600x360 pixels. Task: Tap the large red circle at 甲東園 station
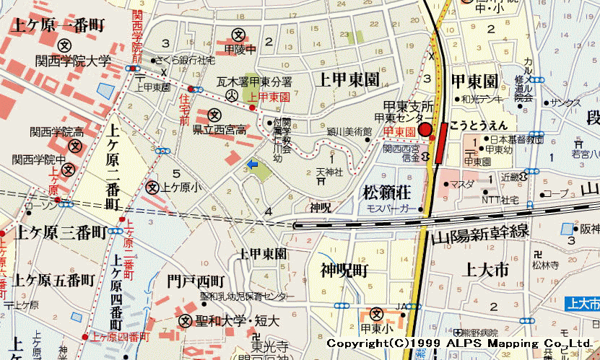point(425,131)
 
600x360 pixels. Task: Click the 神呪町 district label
point(344,270)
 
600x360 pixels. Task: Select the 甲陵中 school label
point(240,49)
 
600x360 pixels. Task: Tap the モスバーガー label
point(392,208)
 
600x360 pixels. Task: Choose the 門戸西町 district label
point(196,280)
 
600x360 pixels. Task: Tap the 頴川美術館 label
point(348,132)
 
